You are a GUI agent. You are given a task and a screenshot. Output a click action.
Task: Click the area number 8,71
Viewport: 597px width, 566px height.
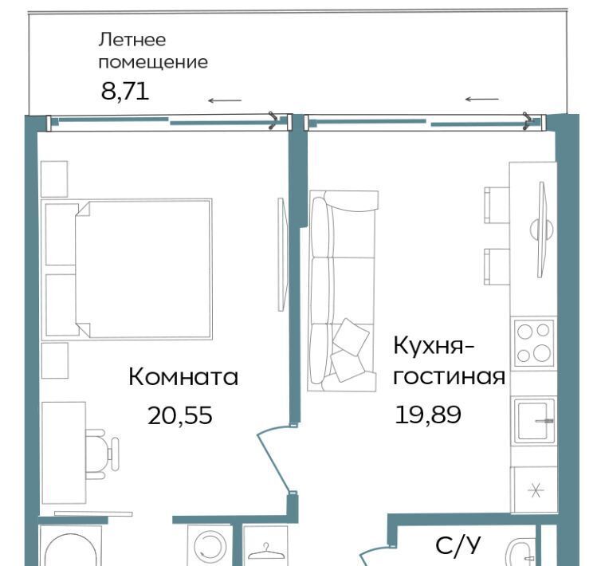point(125,92)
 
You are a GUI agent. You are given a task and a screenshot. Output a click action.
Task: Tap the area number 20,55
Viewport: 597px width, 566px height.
point(179,415)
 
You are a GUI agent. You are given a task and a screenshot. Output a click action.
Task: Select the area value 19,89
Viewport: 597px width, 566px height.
point(428,415)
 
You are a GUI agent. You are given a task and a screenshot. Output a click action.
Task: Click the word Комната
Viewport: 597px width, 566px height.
point(183,377)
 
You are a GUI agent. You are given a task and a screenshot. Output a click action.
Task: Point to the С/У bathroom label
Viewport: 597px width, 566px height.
point(458,545)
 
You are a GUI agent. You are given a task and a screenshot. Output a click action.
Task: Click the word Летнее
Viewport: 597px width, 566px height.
point(132,40)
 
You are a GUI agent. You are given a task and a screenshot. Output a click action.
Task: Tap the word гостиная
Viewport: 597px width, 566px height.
point(450,376)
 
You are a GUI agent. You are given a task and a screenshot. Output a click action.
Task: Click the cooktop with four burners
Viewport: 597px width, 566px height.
point(533,345)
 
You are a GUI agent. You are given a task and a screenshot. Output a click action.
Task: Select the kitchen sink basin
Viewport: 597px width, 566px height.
point(534,420)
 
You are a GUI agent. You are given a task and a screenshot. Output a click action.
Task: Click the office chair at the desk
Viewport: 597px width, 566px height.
point(102,454)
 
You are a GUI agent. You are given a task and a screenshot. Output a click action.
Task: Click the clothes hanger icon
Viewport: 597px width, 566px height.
point(265,551)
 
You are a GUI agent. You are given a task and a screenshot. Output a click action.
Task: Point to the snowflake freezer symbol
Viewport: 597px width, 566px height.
point(536,489)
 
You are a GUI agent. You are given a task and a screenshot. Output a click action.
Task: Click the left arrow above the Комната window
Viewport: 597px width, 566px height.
point(225,100)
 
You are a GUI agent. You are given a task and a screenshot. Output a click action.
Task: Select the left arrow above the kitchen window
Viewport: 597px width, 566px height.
point(482,99)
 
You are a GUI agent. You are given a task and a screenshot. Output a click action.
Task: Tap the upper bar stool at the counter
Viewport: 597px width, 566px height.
point(497,205)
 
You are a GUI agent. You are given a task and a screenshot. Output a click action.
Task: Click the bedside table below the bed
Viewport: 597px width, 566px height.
point(55,360)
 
